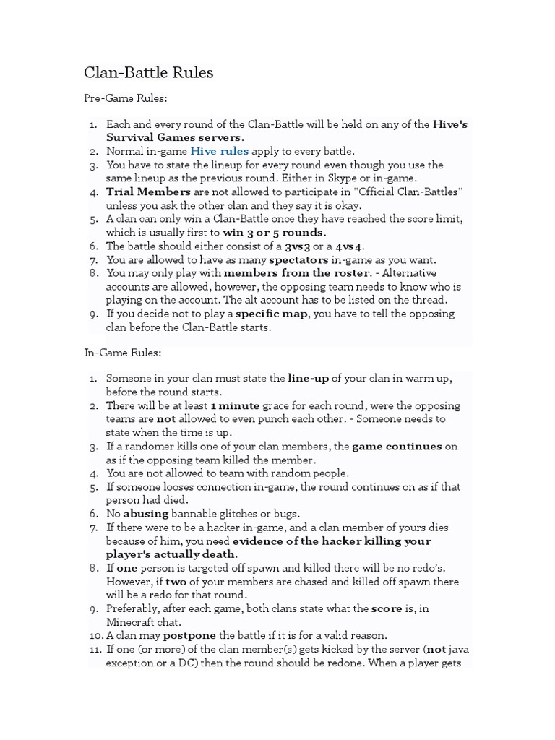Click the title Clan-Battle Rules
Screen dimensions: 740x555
(x=149, y=72)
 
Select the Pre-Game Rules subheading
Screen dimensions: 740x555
(x=125, y=98)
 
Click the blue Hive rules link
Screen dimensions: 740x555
(x=219, y=151)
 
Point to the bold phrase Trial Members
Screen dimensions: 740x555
(x=148, y=192)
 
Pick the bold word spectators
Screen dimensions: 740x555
(x=298, y=259)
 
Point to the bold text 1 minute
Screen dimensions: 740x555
(x=235, y=405)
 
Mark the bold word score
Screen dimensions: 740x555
(x=387, y=608)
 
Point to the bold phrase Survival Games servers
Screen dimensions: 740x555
(x=174, y=137)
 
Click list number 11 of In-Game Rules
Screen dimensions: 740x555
(x=96, y=649)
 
